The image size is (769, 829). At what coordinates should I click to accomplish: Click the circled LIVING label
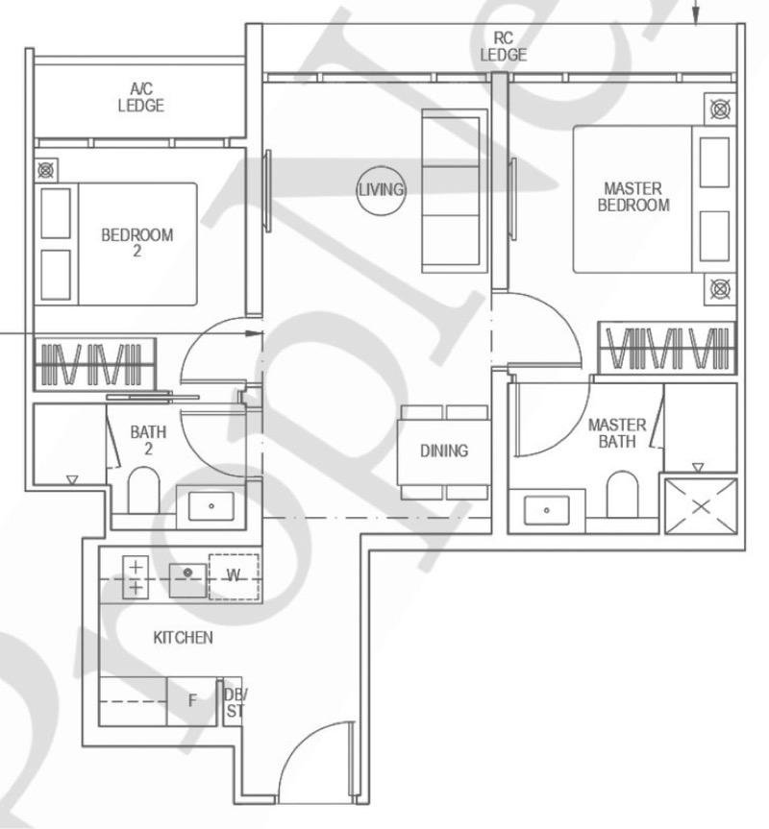pyautogui.click(x=381, y=189)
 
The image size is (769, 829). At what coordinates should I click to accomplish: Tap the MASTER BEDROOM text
pyautogui.click(x=633, y=197)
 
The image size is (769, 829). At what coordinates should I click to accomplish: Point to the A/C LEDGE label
pyautogui.click(x=140, y=97)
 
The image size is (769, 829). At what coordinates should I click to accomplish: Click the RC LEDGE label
pyautogui.click(x=504, y=46)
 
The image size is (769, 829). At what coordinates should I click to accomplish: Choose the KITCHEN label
pyautogui.click(x=183, y=638)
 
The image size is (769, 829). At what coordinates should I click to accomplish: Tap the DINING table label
pyautogui.click(x=443, y=451)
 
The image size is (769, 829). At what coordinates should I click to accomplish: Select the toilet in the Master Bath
pyautogui.click(x=622, y=494)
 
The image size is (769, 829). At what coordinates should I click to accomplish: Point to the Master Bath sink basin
pyautogui.click(x=546, y=509)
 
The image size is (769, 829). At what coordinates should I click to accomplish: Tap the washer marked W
pyautogui.click(x=234, y=575)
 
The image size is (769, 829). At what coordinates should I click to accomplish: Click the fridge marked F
pyautogui.click(x=192, y=701)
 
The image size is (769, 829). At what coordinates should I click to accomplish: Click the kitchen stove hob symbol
pyautogui.click(x=136, y=577)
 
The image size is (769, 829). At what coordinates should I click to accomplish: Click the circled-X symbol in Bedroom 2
pyautogui.click(x=46, y=171)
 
